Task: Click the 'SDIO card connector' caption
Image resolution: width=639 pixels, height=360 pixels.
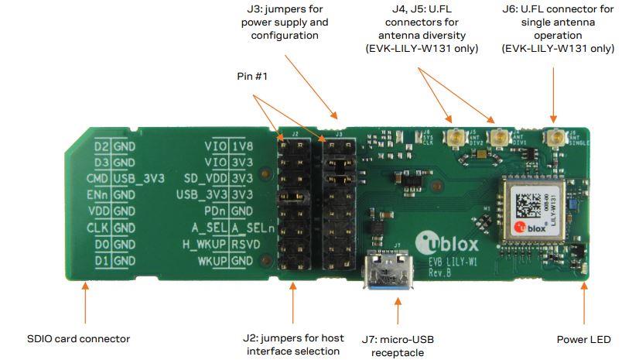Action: tap(78, 339)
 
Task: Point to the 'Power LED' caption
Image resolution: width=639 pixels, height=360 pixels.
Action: tap(583, 339)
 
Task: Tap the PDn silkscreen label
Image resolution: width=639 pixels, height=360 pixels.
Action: tap(215, 211)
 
